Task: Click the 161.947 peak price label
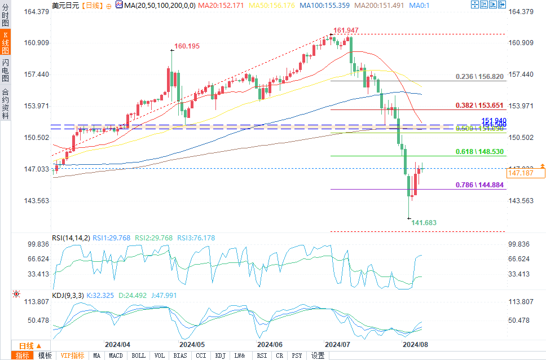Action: (346, 30)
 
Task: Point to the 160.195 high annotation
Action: (187, 46)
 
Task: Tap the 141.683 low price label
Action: (424, 223)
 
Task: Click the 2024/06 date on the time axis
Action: (269, 344)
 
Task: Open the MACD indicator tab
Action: (116, 355)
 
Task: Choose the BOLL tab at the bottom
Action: (138, 355)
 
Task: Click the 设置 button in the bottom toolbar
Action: (318, 355)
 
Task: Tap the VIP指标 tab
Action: (72, 355)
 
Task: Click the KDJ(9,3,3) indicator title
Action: (68, 295)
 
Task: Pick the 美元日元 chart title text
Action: (64, 6)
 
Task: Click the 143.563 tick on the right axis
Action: (521, 201)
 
